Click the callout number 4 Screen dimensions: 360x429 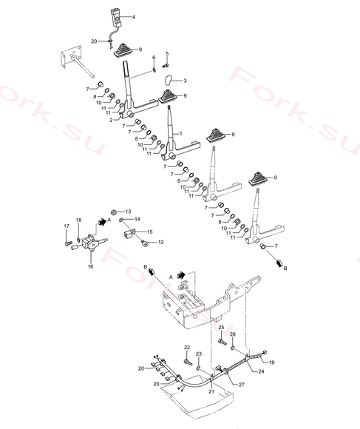(133, 17)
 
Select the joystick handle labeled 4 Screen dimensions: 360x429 (115, 18)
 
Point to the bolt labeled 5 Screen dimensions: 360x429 (166, 66)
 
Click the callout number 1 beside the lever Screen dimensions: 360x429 (180, 134)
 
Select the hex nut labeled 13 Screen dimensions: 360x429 (115, 212)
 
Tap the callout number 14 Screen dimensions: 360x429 (137, 219)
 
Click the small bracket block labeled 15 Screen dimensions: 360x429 (130, 234)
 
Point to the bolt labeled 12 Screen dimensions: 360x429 (144, 243)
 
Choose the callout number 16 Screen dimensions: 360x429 (90, 266)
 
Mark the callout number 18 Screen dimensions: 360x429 (78, 220)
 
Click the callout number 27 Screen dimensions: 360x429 (242, 385)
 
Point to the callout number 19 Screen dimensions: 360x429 (271, 362)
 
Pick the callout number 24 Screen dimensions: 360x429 (261, 371)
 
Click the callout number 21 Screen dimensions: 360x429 (211, 391)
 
